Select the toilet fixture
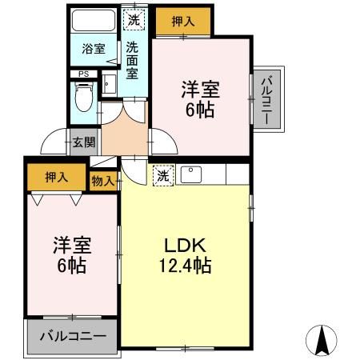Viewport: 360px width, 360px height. tap(82, 98)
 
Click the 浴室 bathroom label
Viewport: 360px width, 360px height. tap(93, 49)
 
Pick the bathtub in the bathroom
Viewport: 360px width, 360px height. tap(93, 21)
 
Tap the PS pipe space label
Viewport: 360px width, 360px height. tap(82, 74)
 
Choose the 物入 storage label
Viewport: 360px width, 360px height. tap(102, 181)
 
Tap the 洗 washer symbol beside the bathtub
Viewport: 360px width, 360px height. tap(133, 18)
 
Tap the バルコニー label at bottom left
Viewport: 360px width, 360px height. tap(72, 335)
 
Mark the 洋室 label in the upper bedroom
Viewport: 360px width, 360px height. tap(199, 88)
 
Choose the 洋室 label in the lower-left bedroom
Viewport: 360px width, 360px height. tap(71, 244)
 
